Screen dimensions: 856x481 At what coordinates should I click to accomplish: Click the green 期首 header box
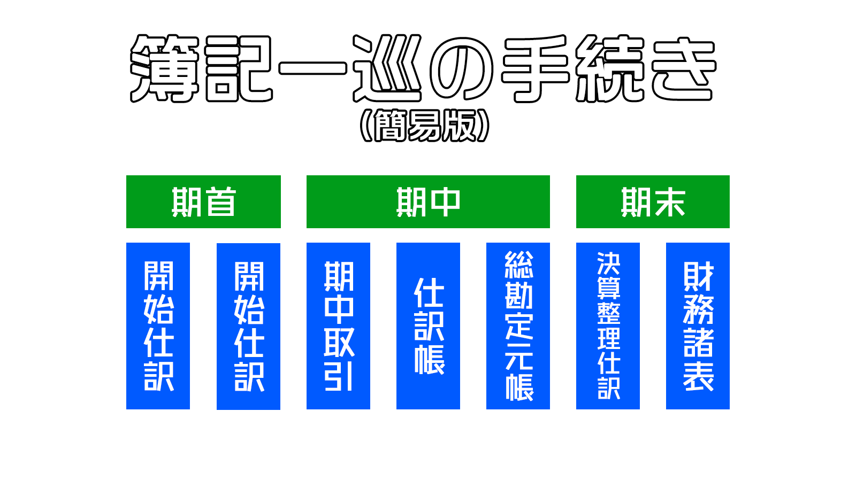(x=203, y=201)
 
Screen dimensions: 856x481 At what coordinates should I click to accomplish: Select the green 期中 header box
(x=428, y=201)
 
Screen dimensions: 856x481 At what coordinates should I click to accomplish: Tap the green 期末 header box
(x=653, y=201)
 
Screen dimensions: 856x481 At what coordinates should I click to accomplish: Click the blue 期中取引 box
(x=338, y=326)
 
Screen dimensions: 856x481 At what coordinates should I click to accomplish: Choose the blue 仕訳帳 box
(x=428, y=326)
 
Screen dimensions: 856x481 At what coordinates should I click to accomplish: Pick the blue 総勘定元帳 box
(x=518, y=326)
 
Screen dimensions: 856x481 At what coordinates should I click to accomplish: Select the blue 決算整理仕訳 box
(x=608, y=326)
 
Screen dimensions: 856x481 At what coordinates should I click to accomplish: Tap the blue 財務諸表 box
(x=698, y=326)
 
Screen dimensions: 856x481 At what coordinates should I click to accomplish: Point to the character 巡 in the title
(x=387, y=69)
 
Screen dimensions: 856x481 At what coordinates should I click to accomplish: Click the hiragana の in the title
(x=461, y=69)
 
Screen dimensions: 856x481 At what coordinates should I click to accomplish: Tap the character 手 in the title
(x=535, y=69)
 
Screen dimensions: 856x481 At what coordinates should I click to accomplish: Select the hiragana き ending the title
(x=684, y=69)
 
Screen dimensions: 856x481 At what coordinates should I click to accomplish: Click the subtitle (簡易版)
(x=425, y=126)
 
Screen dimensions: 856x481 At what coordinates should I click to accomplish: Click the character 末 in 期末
(x=669, y=201)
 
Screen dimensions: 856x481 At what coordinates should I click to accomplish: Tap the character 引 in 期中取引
(x=338, y=376)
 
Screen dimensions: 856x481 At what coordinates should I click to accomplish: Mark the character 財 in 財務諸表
(x=698, y=276)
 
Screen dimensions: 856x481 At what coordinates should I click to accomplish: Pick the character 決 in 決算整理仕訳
(x=608, y=263)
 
